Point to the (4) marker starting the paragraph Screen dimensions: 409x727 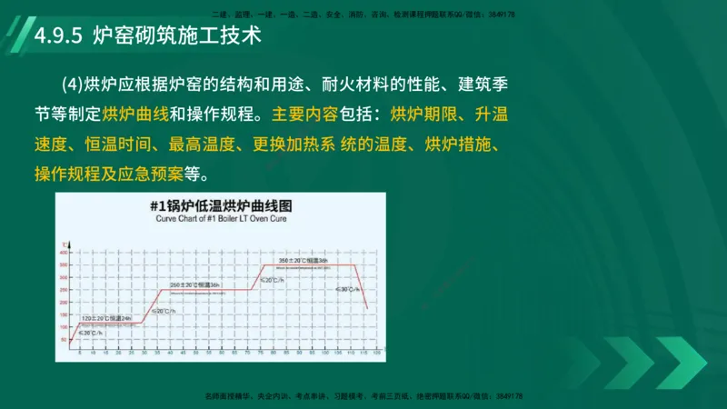[x=72, y=86]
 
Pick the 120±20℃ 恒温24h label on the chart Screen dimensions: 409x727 [x=107, y=317]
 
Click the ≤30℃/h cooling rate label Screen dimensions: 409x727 [x=344, y=289]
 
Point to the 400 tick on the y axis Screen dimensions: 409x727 [x=65, y=251]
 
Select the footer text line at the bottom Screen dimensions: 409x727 [x=363, y=396]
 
